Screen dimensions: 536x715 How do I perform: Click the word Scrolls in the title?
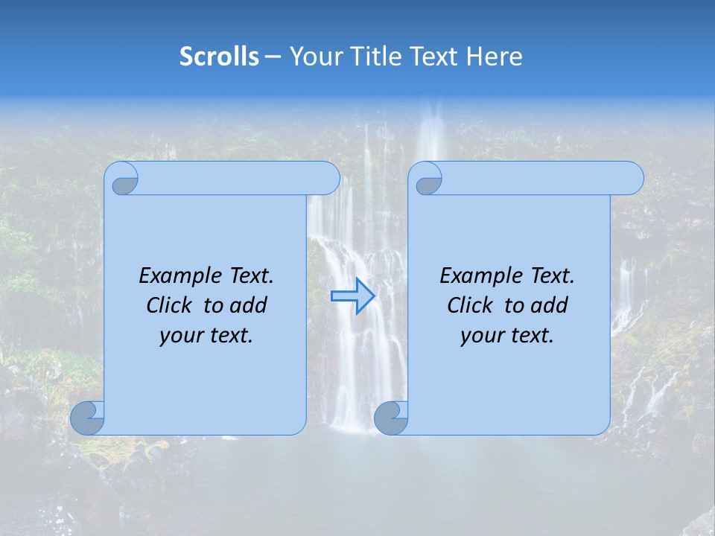219,57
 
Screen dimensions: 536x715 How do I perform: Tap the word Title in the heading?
375,57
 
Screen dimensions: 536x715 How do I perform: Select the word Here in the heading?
495,57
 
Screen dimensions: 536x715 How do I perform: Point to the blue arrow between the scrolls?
352,296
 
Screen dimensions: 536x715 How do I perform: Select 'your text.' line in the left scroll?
206,335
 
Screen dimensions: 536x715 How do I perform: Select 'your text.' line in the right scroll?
506,335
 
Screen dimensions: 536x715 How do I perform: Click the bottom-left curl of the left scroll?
88,418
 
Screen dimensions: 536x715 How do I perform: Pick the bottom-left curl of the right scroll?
391,418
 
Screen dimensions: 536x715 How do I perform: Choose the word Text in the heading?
434,57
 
